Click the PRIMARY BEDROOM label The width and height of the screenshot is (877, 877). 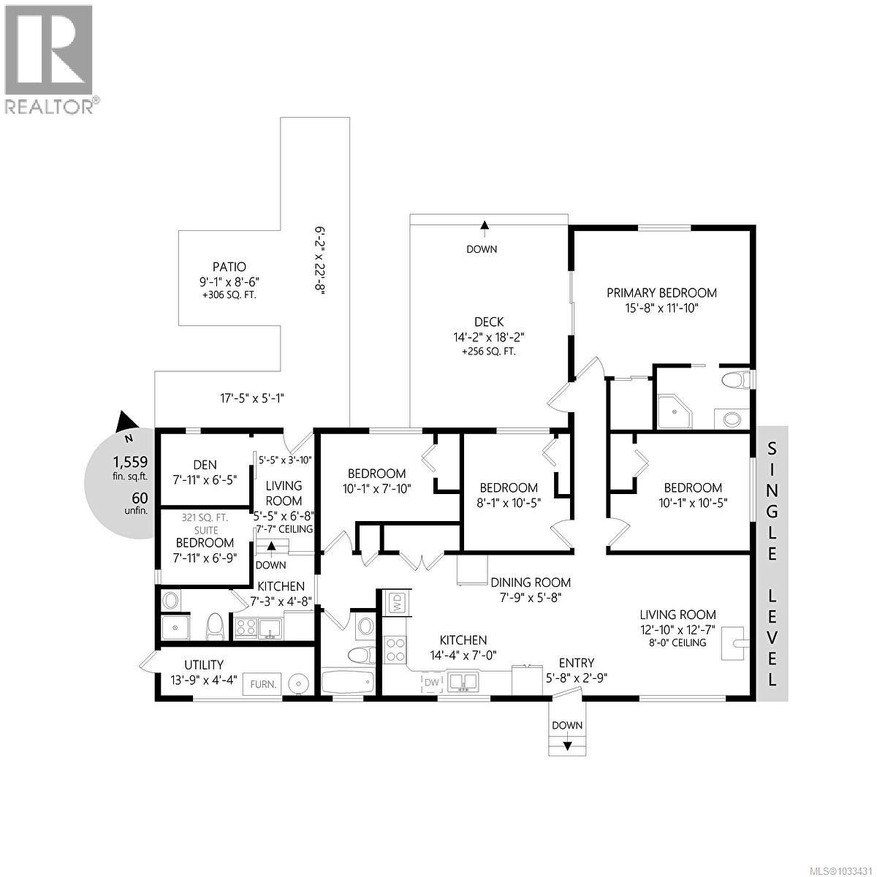(x=661, y=292)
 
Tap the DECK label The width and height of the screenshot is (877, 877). (x=488, y=322)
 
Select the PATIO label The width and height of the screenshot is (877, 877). (x=229, y=267)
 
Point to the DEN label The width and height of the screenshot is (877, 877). (x=205, y=465)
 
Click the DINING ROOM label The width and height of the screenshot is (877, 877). (x=530, y=582)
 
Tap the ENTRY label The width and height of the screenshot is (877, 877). (x=576, y=663)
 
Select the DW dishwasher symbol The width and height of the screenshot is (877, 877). (x=431, y=682)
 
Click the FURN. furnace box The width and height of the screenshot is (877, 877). (x=263, y=684)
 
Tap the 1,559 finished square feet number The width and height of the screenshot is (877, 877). (x=129, y=462)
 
